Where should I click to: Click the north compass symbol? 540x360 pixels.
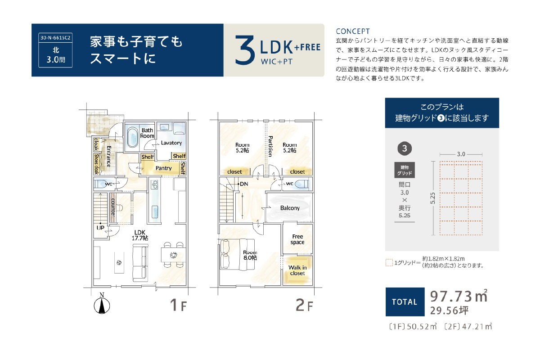pyautogui.click(x=102, y=304)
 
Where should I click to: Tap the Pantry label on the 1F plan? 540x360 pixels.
pyautogui.click(x=163, y=168)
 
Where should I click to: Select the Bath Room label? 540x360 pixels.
pyautogui.click(x=147, y=133)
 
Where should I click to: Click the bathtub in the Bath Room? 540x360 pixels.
pyautogui.click(x=132, y=137)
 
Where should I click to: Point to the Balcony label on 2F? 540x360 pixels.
pyautogui.click(x=290, y=208)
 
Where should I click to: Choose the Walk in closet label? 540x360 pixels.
pyautogui.click(x=297, y=270)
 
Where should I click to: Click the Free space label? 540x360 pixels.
pyautogui.click(x=297, y=239)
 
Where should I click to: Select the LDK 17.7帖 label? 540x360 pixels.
pyautogui.click(x=140, y=235)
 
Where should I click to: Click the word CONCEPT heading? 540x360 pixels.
pyautogui.click(x=353, y=31)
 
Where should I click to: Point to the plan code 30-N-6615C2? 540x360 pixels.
pyautogui.click(x=55, y=38)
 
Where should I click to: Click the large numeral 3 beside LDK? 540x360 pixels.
pyautogui.click(x=244, y=50)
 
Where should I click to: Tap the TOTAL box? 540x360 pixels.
pyautogui.click(x=405, y=301)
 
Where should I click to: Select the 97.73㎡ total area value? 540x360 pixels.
pyautogui.click(x=459, y=296)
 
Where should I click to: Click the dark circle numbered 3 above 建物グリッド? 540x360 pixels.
pyautogui.click(x=405, y=148)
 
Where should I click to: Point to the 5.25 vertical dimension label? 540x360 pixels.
pyautogui.click(x=433, y=198)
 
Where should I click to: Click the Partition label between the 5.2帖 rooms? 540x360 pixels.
pyautogui.click(x=270, y=146)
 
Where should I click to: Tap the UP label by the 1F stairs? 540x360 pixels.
pyautogui.click(x=100, y=228)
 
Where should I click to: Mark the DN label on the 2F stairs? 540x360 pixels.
pyautogui.click(x=244, y=184)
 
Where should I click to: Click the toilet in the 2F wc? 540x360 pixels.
pyautogui.click(x=301, y=184)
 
